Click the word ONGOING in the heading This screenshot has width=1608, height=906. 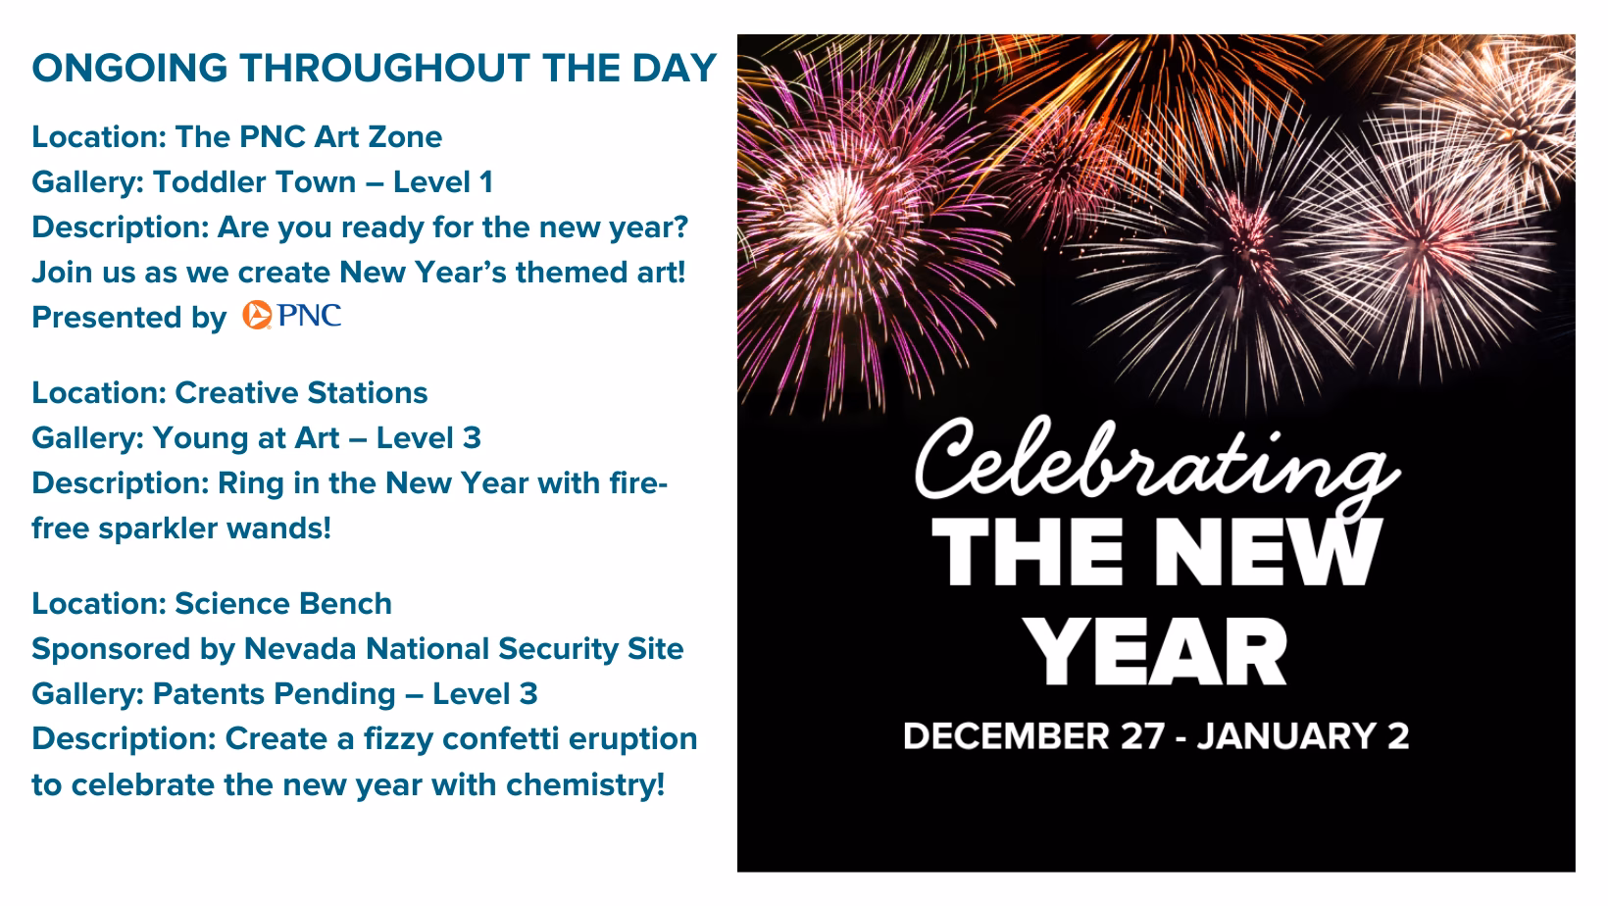pos(130,69)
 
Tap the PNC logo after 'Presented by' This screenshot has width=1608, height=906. pos(291,315)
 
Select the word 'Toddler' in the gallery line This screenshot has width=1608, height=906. pos(205,181)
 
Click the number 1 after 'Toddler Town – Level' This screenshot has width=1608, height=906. pos(486,181)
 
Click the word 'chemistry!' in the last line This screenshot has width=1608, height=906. pos(585,784)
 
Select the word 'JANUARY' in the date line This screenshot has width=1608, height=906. pos(1287,736)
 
